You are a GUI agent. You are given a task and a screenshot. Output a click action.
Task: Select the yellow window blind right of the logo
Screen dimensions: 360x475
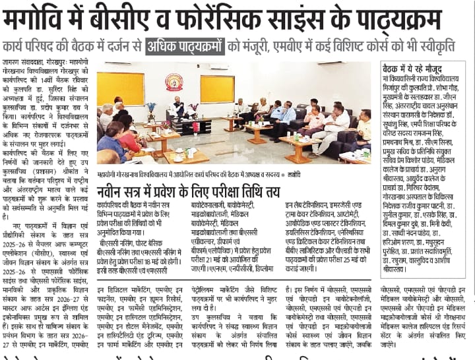(217, 88)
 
